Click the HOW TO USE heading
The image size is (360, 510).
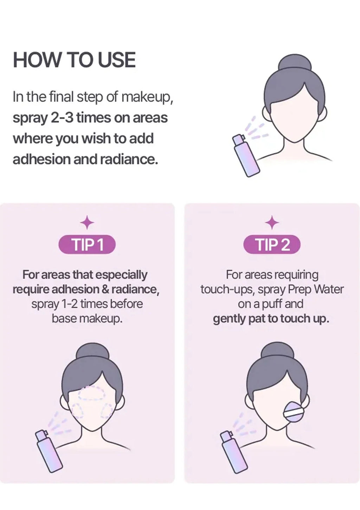point(74,60)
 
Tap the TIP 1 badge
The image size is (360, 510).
point(87,245)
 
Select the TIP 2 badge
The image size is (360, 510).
point(272,245)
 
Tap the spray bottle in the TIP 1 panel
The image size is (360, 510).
point(49,448)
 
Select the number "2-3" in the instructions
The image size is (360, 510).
point(64,118)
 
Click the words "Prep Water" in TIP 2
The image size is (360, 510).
point(316,289)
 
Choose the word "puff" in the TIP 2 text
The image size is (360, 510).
point(272,304)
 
